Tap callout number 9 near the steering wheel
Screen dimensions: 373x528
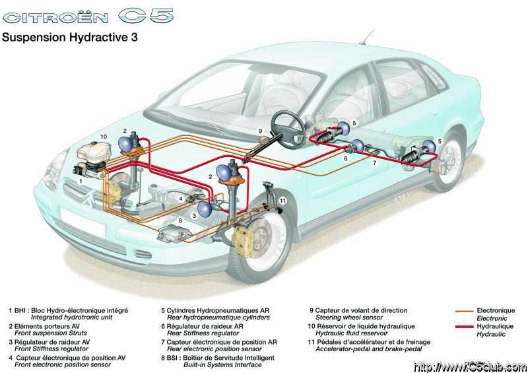(x=260, y=131)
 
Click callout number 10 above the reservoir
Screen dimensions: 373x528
(x=104, y=136)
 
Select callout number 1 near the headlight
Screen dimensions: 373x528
(x=81, y=180)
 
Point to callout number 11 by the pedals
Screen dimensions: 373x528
(x=282, y=200)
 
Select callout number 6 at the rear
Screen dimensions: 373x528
(x=345, y=158)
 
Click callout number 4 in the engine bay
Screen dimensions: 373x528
(x=180, y=199)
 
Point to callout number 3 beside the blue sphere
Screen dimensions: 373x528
(x=195, y=215)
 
